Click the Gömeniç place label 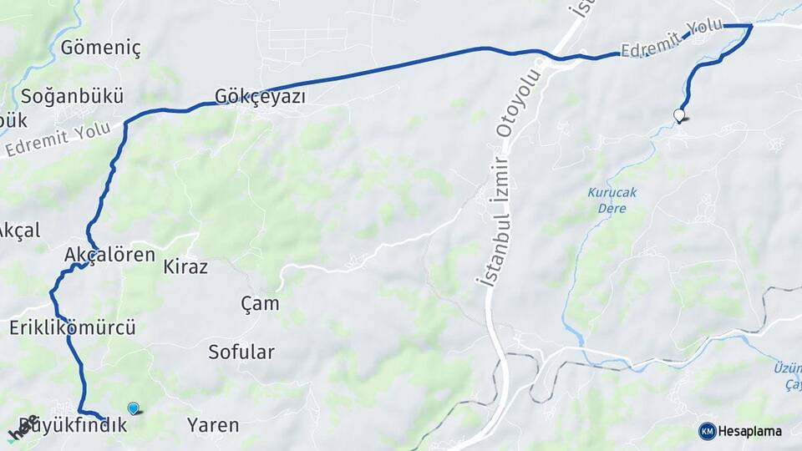click(x=100, y=48)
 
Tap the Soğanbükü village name click(x=73, y=94)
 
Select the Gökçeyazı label click(x=260, y=97)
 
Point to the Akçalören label click(x=109, y=255)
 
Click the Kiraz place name click(x=185, y=267)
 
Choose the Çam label click(x=260, y=303)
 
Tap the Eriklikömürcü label click(x=73, y=327)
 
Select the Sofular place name click(x=241, y=352)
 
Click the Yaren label click(x=213, y=425)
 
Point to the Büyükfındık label click(x=73, y=425)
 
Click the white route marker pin click(x=679, y=115)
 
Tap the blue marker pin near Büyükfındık click(x=133, y=408)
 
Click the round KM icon click(x=708, y=431)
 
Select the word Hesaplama click(x=751, y=431)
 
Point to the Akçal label click(x=18, y=230)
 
